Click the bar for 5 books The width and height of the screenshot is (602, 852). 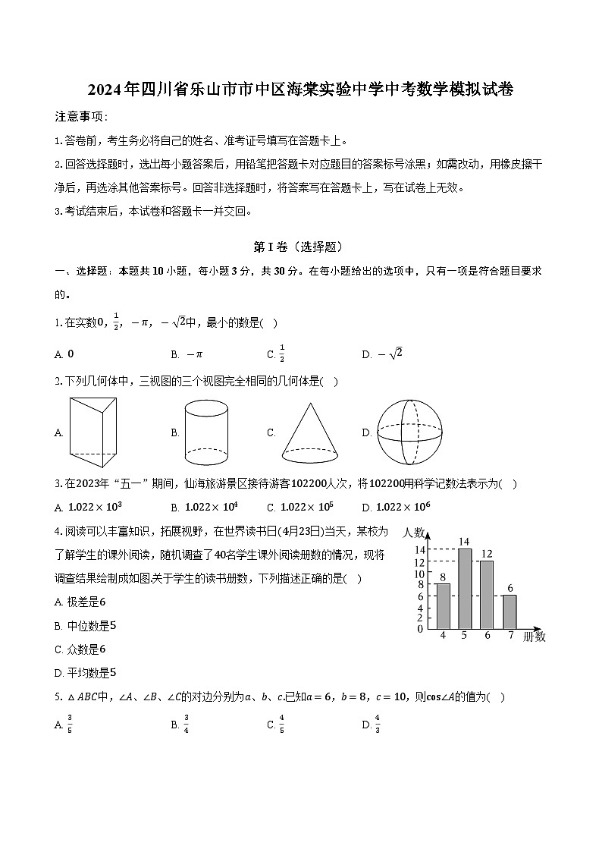pyautogui.click(x=465, y=589)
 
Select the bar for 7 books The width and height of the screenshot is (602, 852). pyautogui.click(x=510, y=611)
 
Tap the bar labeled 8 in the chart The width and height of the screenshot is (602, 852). pyautogui.click(x=443, y=606)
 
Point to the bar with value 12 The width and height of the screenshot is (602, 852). pyautogui.click(x=487, y=594)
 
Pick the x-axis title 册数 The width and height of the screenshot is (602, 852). pyautogui.click(x=535, y=637)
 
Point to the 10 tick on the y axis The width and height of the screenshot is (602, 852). pyautogui.click(x=419, y=574)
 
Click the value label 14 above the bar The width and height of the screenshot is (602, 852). pyautogui.click(x=465, y=541)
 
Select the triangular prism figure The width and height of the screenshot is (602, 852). pyautogui.click(x=93, y=433)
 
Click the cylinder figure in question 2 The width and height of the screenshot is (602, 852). pyautogui.click(x=206, y=432)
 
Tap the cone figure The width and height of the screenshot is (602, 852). pyautogui.click(x=310, y=432)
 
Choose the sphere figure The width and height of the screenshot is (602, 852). pyautogui.click(x=409, y=432)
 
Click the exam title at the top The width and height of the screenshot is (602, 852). pyautogui.click(x=300, y=90)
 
